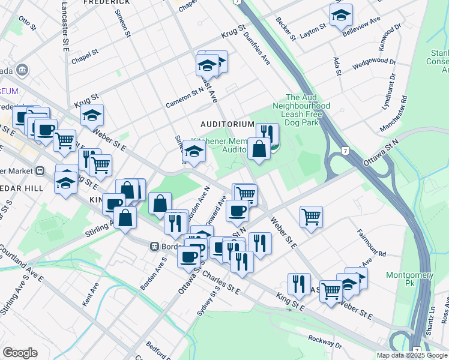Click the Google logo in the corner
point(20,352)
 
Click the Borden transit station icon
point(154,246)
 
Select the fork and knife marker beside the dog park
point(267,134)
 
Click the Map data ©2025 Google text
point(411,355)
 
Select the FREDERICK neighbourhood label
point(107,3)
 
